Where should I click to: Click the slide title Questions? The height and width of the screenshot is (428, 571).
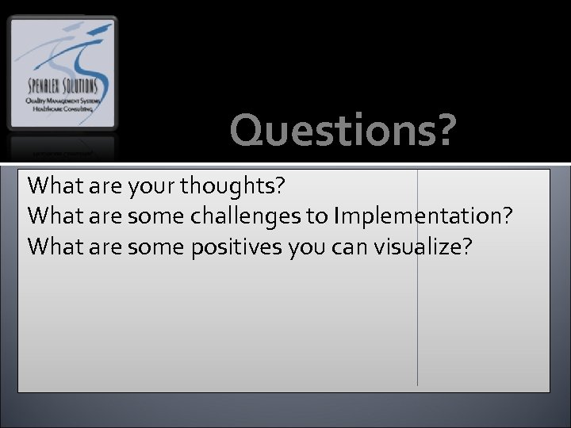point(343,131)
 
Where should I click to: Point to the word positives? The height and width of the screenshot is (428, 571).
point(240,247)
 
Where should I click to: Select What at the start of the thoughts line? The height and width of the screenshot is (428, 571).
point(53,186)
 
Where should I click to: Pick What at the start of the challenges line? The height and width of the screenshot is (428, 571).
point(53,216)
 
